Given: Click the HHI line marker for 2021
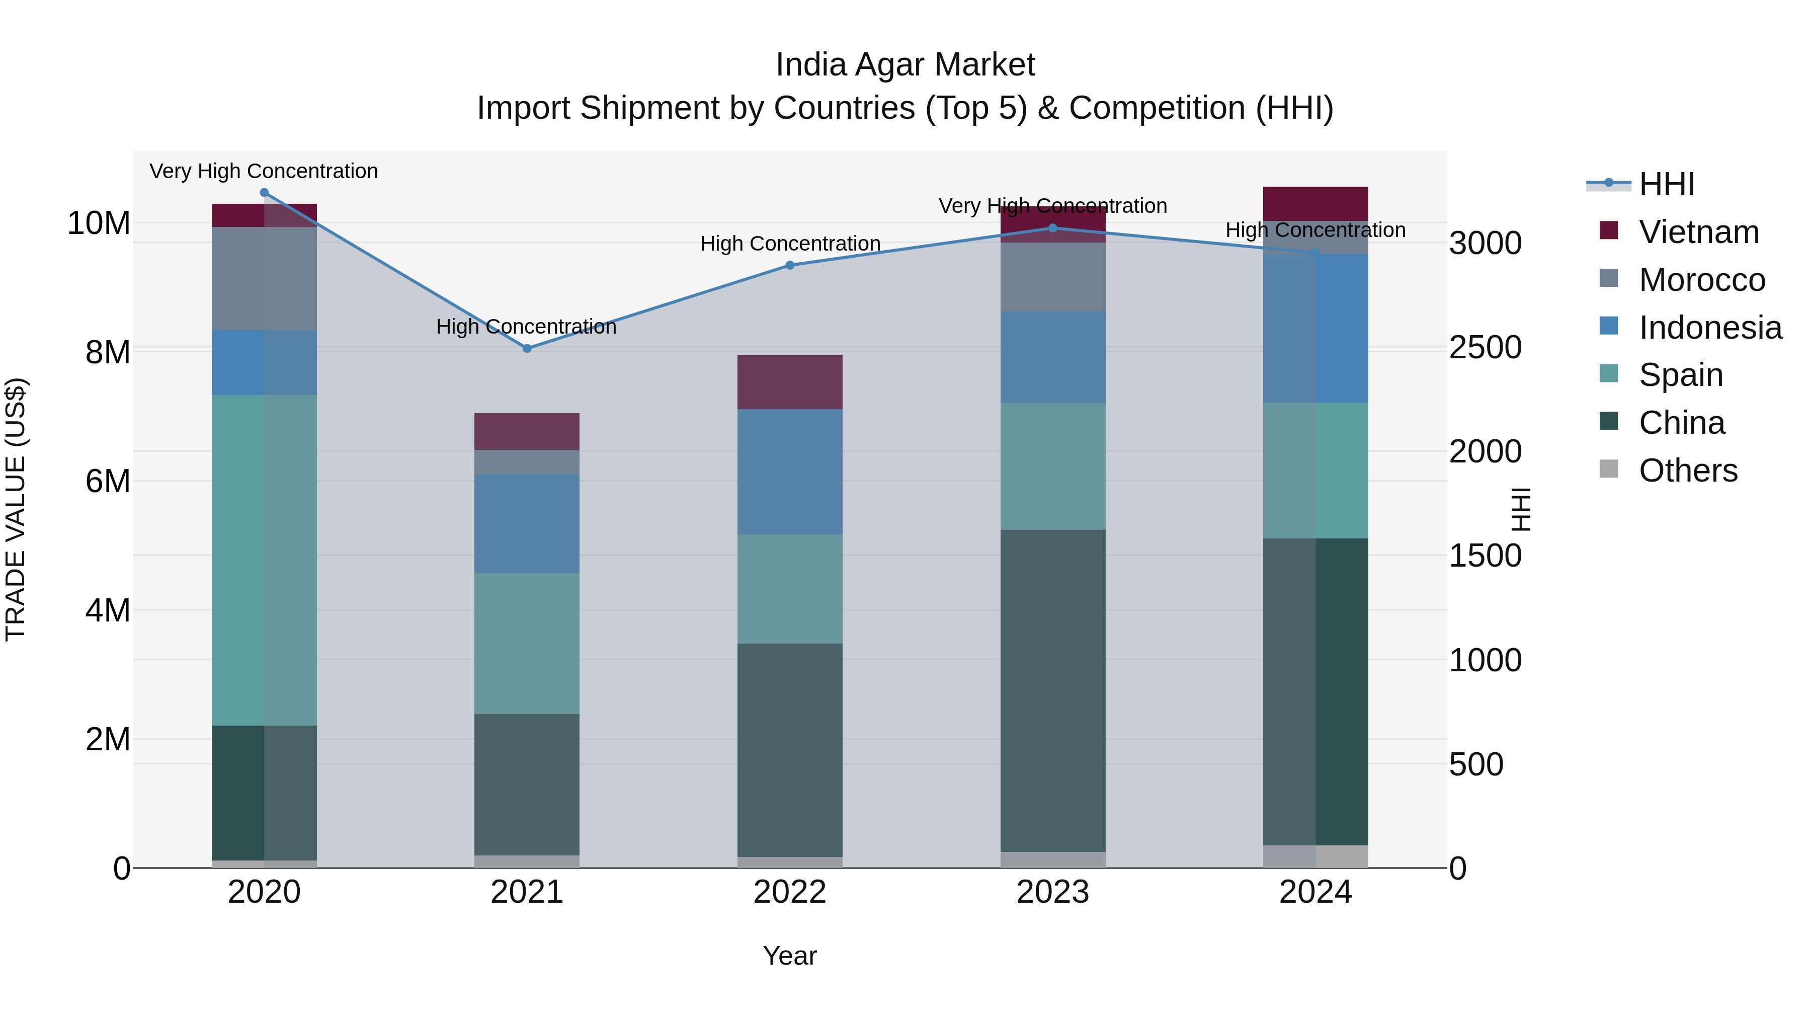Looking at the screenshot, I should [x=527, y=348].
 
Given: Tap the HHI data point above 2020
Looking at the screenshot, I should [x=264, y=193].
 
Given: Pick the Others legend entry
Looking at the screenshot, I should [x=1687, y=471].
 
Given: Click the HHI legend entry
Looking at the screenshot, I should [x=1666, y=184].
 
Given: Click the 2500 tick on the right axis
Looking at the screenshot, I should [x=1485, y=347].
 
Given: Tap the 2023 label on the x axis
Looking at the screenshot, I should [x=1052, y=892].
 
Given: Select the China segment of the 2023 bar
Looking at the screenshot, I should [x=1052, y=689].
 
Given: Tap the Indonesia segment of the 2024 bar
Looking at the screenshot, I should [x=1315, y=329].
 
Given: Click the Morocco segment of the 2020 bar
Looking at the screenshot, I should [x=264, y=278].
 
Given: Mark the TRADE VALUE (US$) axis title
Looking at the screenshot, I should [x=16, y=509].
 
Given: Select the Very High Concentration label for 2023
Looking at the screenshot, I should [x=1052, y=206].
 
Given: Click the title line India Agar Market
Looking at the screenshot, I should [x=905, y=65].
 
